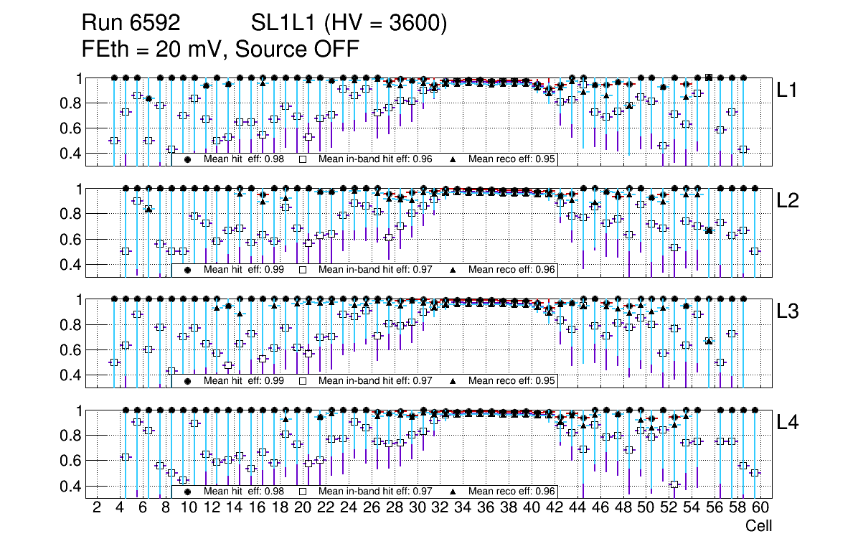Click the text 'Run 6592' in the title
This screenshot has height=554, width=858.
point(131,24)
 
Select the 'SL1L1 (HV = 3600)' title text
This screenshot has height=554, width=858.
point(349,24)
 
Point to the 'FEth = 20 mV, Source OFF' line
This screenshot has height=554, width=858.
point(220,50)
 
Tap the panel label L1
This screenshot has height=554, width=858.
point(787,90)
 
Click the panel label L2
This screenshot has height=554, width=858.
point(787,201)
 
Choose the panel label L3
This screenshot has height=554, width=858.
point(787,311)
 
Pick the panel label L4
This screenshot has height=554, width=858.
point(787,423)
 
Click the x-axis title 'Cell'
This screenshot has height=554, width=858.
point(758,526)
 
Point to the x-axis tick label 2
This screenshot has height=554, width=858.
point(97,509)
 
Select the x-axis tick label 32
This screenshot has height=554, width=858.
point(440,509)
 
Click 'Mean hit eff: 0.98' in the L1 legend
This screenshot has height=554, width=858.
point(244,159)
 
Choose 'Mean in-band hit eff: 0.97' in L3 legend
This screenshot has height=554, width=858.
point(375,381)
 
